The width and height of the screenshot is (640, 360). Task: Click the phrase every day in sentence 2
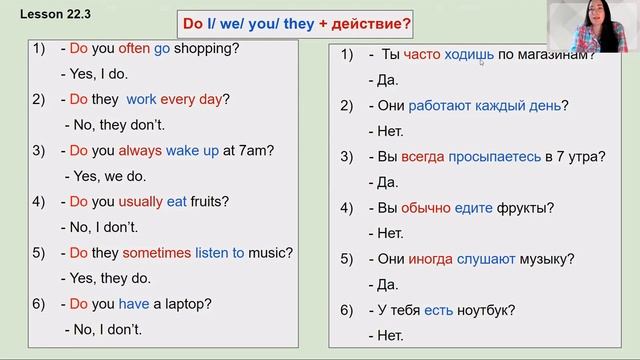click(195, 99)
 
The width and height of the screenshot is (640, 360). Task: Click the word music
click(268, 253)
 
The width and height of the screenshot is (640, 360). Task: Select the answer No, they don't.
click(116, 125)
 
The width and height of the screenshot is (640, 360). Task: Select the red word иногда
click(428, 259)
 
